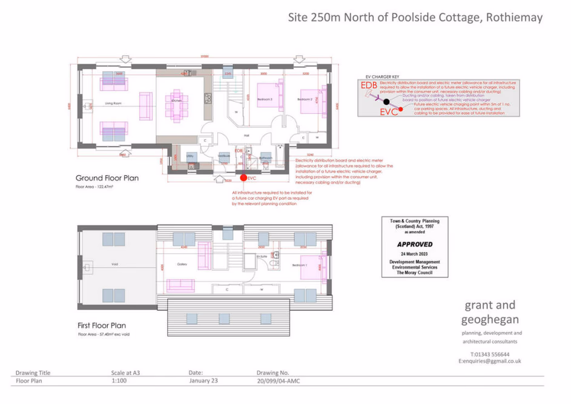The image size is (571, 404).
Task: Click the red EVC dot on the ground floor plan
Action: pyautogui.click(x=243, y=178)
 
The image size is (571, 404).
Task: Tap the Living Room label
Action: pyautogui.click(x=113, y=104)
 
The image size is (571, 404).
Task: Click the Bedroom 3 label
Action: pyautogui.click(x=265, y=99)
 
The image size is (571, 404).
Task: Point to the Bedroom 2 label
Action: pyautogui.click(x=305, y=99)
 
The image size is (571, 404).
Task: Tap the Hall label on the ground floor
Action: pyautogui.click(x=246, y=135)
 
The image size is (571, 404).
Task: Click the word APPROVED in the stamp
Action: pyautogui.click(x=415, y=244)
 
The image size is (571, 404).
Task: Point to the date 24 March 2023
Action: pyautogui.click(x=415, y=254)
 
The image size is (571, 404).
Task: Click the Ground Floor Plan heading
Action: pyautogui.click(x=107, y=178)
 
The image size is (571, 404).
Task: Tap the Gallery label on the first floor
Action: pyautogui.click(x=182, y=264)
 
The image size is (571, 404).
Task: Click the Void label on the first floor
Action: pyautogui.click(x=115, y=264)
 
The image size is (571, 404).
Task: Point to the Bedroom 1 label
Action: pyautogui.click(x=305, y=265)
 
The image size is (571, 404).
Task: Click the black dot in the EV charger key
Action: pyautogui.click(x=386, y=102)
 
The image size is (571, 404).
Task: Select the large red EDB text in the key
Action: pyautogui.click(x=369, y=85)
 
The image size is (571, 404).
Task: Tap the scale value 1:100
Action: pyautogui.click(x=119, y=382)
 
